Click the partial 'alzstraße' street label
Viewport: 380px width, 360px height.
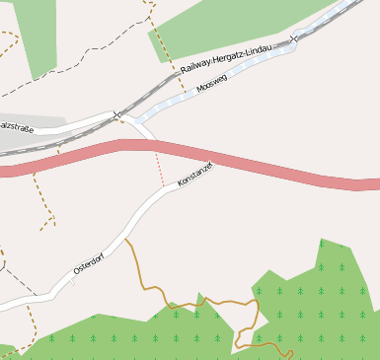[x=16, y=126]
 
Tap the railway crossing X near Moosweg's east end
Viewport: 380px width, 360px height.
[x=294, y=38]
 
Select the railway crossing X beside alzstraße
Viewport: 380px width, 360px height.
[x=116, y=114]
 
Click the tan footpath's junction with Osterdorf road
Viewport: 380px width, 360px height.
[x=125, y=238]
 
